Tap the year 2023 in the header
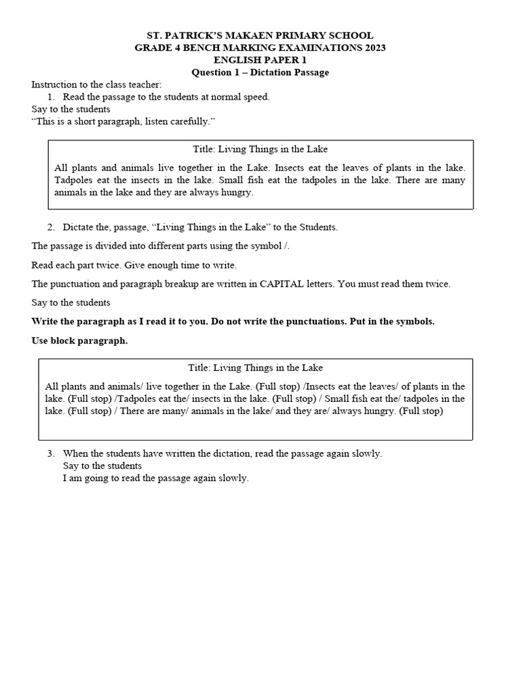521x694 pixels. tap(372, 47)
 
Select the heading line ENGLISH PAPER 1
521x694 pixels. tap(260, 60)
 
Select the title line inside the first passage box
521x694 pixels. tap(260, 149)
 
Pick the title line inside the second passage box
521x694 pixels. tap(255, 367)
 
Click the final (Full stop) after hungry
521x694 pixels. tap(421, 411)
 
